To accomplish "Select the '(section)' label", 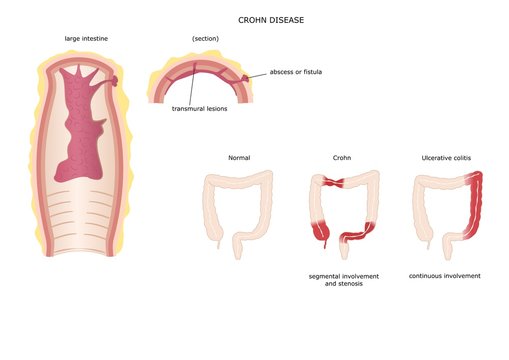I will (x=205, y=39).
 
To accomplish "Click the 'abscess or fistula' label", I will (x=302, y=72).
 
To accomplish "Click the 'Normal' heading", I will (x=239, y=158).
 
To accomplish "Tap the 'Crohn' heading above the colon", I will (x=342, y=158).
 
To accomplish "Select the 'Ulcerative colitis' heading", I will (x=446, y=158).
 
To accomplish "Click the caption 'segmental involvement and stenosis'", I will (x=343, y=279).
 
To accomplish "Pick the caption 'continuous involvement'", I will (x=445, y=275).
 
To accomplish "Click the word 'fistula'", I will (x=323, y=72).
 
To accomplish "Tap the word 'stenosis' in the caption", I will (x=359, y=284).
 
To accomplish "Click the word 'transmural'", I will (x=188, y=108).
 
